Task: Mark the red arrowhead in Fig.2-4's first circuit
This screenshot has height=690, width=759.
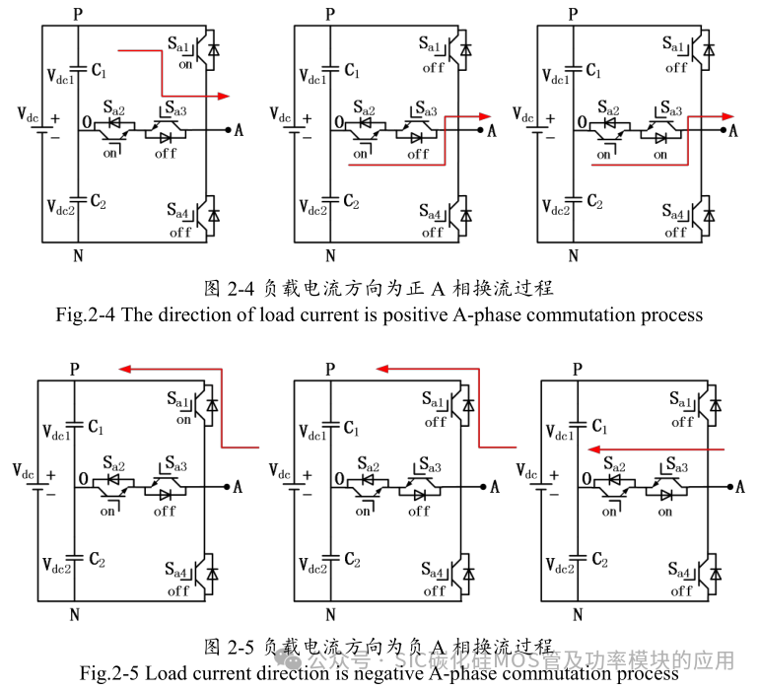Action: (x=224, y=96)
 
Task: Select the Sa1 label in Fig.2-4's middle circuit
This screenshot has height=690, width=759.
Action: (x=432, y=45)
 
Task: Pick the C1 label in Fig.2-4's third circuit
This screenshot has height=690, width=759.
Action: (x=594, y=71)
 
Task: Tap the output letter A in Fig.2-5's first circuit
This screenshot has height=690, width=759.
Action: (x=240, y=487)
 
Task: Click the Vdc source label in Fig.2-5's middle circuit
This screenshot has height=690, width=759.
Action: (x=277, y=470)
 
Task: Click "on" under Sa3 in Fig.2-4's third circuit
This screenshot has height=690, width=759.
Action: (x=659, y=155)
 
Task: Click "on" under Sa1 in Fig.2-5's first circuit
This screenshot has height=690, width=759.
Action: (x=184, y=420)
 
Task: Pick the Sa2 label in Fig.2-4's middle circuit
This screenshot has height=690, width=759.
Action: (x=363, y=108)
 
